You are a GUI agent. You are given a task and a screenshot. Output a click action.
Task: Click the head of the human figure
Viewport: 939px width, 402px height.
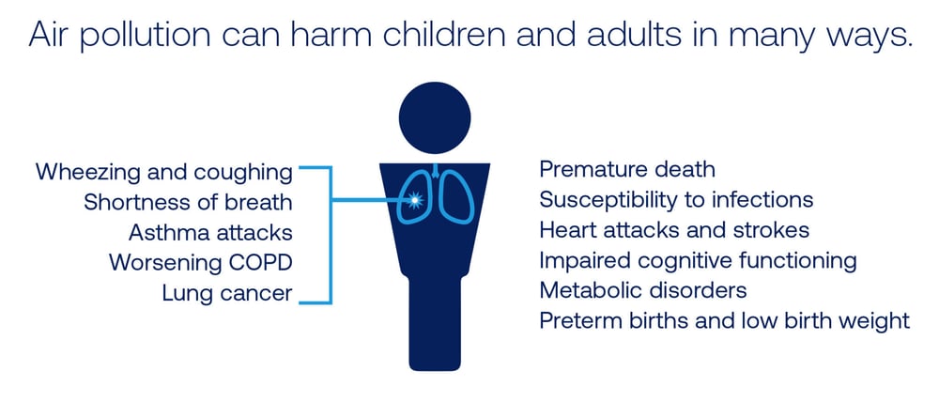point(435,117)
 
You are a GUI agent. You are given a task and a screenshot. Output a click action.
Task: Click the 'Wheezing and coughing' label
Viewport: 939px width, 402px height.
point(164,172)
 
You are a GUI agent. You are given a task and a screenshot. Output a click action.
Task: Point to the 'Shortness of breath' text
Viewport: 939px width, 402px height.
point(188,202)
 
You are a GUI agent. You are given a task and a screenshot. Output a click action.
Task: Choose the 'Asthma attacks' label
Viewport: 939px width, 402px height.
point(210,232)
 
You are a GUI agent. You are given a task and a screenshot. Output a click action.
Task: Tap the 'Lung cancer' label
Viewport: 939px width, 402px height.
point(227,294)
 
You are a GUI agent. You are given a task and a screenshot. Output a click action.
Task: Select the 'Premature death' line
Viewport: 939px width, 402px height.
point(627,169)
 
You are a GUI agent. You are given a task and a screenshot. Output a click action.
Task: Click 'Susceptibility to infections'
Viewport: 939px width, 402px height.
point(676,200)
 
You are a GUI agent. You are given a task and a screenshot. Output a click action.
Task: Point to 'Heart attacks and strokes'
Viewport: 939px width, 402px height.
point(674,230)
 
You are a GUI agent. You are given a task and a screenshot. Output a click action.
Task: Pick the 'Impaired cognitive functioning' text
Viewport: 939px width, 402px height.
point(698,261)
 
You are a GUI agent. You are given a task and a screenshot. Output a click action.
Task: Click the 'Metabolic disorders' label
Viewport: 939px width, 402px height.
point(643,290)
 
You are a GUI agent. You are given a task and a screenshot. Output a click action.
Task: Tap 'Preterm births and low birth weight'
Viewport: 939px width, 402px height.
point(725,321)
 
